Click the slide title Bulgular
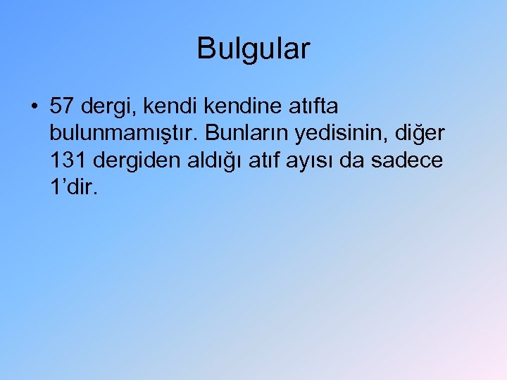(x=254, y=49)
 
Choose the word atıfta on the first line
(x=313, y=106)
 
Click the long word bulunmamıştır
(x=122, y=134)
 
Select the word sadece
(x=407, y=160)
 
